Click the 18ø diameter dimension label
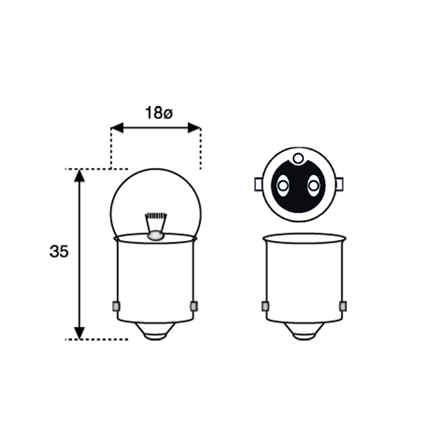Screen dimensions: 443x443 click(158, 113)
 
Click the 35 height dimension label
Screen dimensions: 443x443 click(59, 252)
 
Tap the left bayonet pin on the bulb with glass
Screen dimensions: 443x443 click(115, 306)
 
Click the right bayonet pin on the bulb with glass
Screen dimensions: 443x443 click(194, 306)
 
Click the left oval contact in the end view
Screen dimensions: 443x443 click(282, 185)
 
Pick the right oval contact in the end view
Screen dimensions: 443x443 click(313, 185)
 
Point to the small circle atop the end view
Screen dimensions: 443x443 click(298, 159)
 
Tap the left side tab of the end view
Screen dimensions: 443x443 click(258, 185)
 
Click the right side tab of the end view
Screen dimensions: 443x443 click(339, 185)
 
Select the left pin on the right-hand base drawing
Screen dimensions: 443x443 click(264, 306)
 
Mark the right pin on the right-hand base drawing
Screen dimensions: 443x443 click(343, 306)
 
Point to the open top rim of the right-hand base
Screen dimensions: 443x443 click(304, 238)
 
